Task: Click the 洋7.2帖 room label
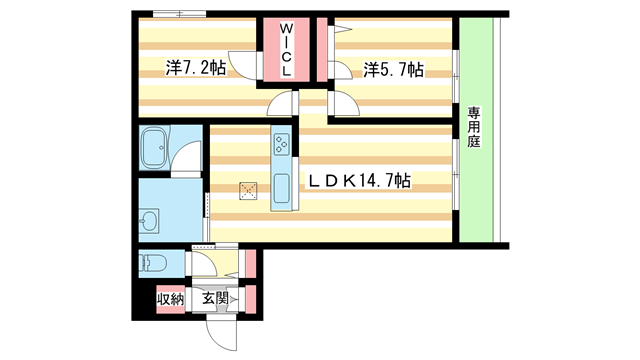tap(195, 69)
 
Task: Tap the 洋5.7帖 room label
tap(393, 69)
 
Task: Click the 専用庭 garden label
tap(473, 127)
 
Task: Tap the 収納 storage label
tap(169, 298)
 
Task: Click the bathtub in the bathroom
tap(156, 147)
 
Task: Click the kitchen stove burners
tap(280, 144)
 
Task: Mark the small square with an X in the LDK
tap(249, 189)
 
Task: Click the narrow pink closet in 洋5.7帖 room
tap(324, 50)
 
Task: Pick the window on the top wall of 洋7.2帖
tap(181, 14)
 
